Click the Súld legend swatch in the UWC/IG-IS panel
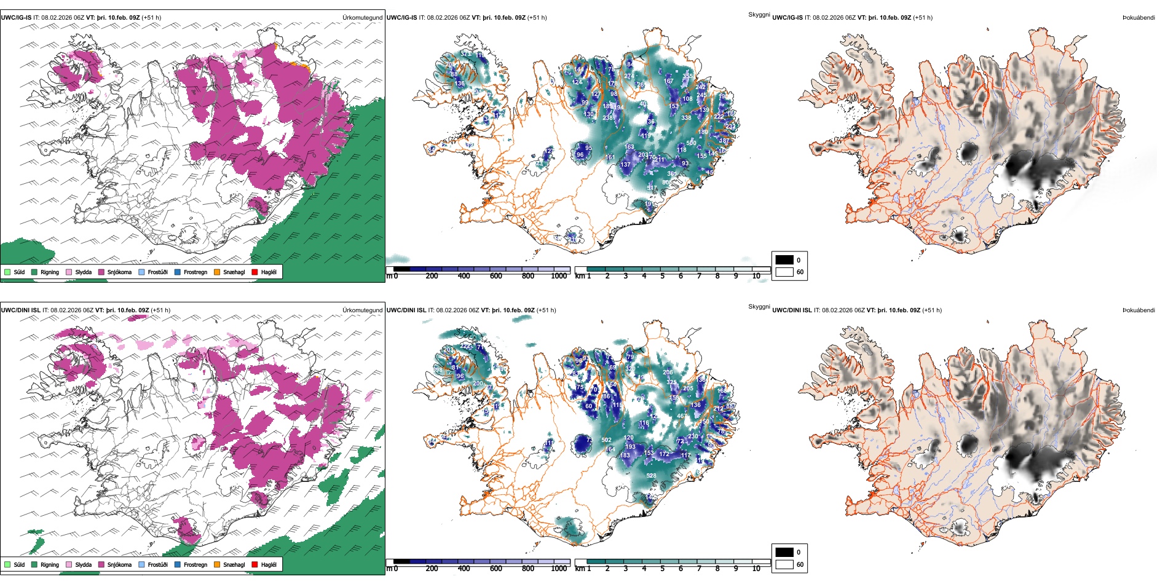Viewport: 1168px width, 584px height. [x=7, y=272]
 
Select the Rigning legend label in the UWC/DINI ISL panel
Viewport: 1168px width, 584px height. [x=50, y=564]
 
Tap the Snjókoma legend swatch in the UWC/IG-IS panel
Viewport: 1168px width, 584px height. [x=101, y=272]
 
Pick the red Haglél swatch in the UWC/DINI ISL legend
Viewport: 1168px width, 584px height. [x=255, y=564]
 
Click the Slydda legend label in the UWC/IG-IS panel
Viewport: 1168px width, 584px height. [x=83, y=272]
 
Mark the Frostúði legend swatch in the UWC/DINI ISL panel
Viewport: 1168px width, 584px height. [x=142, y=564]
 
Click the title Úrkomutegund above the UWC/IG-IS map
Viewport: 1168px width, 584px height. [x=362, y=18]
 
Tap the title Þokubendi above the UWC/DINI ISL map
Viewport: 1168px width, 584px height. [x=1138, y=310]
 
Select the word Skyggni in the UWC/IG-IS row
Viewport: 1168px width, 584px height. [x=759, y=15]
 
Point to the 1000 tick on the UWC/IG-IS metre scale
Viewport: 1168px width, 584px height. [x=559, y=277]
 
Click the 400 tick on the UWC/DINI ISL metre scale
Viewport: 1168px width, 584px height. [x=464, y=569]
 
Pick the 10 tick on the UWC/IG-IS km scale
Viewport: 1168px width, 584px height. [x=756, y=277]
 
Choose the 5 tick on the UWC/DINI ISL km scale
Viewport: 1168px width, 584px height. [x=663, y=569]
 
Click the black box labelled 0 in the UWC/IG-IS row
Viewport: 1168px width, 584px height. [x=784, y=260]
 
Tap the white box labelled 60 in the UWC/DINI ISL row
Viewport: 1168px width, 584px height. [x=784, y=564]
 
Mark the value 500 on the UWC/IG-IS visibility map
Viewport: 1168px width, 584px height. [x=692, y=143]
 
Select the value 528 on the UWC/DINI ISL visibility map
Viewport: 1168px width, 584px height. [x=651, y=475]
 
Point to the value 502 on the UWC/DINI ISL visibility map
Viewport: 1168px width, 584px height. [x=606, y=440]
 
